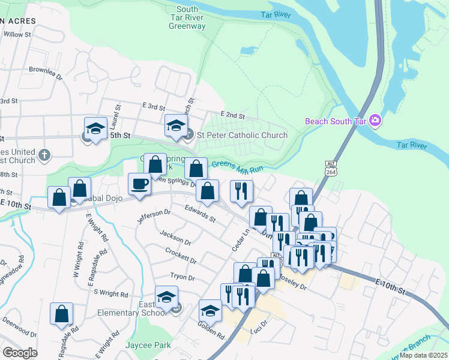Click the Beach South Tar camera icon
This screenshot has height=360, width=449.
pyautogui.click(x=376, y=121)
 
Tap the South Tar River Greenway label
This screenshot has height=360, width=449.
pyautogui.click(x=187, y=17)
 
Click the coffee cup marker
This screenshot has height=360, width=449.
pyautogui.click(x=140, y=184)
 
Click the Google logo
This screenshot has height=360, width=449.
pyautogui.click(x=20, y=353)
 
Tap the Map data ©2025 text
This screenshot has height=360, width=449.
pyautogui.click(x=423, y=355)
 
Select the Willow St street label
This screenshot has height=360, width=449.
pyautogui.click(x=17, y=35)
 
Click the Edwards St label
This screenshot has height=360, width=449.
pyautogui.click(x=200, y=215)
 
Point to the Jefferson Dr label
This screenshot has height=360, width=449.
pyautogui.click(x=154, y=217)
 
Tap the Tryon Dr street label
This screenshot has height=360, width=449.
pyautogui.click(x=182, y=277)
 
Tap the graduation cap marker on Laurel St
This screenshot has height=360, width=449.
pyautogui.click(x=95, y=128)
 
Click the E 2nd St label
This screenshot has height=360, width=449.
pyautogui.click(x=234, y=114)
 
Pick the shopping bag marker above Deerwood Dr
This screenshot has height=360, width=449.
pyautogui.click(x=62, y=314)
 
